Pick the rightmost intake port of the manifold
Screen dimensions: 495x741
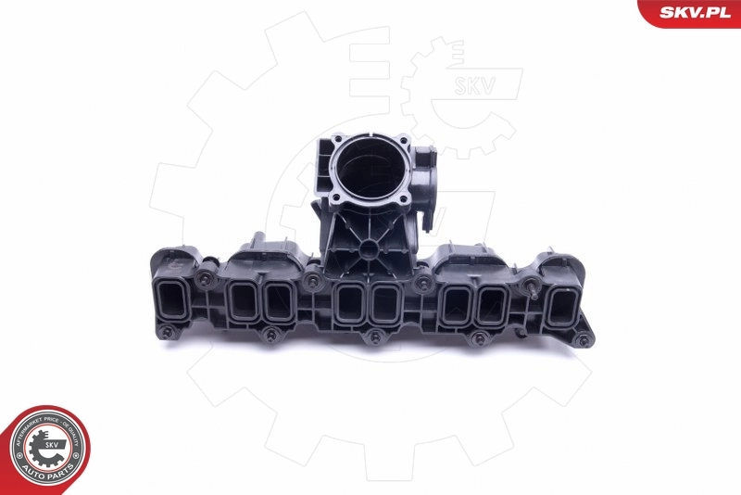tap(562, 307)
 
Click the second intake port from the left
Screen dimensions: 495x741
tap(238, 300)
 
